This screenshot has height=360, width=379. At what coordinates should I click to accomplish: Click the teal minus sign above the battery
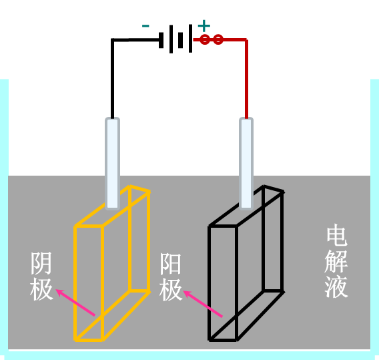point(145,26)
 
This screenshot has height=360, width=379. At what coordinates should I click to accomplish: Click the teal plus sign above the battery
point(204,26)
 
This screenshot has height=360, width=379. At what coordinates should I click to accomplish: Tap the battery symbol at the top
point(175,39)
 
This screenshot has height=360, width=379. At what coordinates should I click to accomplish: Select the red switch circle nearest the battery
point(205,39)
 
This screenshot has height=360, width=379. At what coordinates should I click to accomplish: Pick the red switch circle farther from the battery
point(218,39)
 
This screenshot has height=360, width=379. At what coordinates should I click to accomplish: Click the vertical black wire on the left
point(112,79)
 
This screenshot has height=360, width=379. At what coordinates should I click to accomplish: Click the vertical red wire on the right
point(246,79)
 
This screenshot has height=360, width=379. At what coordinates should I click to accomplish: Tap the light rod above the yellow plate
point(112,164)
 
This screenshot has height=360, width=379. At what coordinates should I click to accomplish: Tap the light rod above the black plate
point(246,164)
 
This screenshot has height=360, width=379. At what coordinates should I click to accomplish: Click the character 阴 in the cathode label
point(41,263)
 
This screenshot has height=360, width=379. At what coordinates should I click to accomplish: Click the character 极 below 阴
point(41,289)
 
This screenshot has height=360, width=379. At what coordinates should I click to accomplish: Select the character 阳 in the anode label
point(170,263)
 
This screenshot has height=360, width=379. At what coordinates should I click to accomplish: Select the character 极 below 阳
point(171,290)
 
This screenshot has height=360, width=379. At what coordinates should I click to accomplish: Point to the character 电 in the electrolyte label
point(337,234)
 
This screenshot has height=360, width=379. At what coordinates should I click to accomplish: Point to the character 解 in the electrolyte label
point(336,260)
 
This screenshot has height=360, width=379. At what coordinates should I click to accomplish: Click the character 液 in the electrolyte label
point(336,287)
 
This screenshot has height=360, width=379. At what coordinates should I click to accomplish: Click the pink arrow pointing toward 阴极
point(75,302)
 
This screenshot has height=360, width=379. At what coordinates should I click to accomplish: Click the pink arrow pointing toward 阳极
point(203,303)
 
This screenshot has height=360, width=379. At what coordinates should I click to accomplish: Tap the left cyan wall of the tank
point(4,218)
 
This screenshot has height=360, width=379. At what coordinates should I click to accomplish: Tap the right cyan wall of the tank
point(374,218)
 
